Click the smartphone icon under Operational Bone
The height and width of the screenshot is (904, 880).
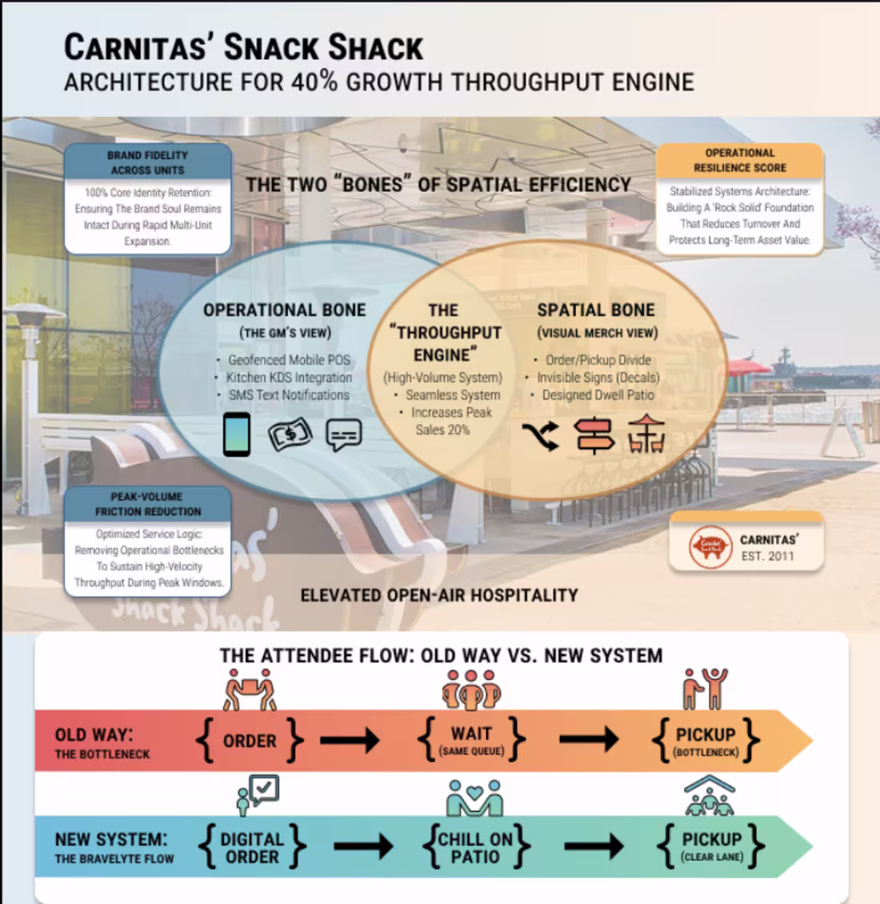[x=237, y=434]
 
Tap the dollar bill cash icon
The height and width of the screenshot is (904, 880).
[x=290, y=434]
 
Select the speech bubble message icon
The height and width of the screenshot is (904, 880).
[x=344, y=434]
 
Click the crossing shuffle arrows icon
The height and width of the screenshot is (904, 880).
[x=540, y=436]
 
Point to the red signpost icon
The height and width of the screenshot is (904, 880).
[x=594, y=436]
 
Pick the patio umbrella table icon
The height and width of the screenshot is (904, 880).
[x=646, y=434]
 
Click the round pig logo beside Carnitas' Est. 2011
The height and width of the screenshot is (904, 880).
[x=710, y=547]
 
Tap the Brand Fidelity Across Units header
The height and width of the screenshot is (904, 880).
[x=148, y=162]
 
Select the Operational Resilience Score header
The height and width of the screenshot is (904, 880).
[x=740, y=160]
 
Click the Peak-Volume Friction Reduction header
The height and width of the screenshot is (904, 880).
[x=148, y=504]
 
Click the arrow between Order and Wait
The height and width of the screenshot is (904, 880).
[x=350, y=740]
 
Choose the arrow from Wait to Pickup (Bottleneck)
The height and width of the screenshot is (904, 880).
[x=589, y=739]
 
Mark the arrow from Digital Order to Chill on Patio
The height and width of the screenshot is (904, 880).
[x=363, y=846]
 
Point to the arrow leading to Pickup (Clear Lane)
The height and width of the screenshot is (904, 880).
[x=594, y=846]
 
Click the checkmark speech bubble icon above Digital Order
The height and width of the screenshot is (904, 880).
[x=258, y=795]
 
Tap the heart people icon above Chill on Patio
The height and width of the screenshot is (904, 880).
[x=474, y=798]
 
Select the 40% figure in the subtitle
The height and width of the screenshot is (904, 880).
[x=315, y=82]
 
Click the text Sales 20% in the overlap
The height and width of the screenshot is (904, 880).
[x=442, y=430]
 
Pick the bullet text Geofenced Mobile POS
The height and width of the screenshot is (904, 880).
[x=289, y=360]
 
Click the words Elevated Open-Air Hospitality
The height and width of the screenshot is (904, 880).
[x=439, y=595]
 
